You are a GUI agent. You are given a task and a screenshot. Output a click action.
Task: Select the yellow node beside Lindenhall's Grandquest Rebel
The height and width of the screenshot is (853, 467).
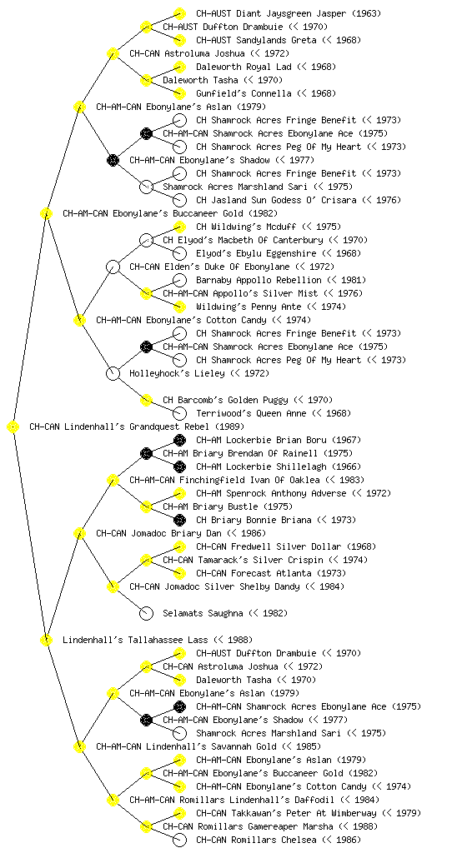pos(13,427)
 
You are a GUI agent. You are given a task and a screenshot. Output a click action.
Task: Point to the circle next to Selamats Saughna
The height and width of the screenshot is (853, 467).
pos(146,613)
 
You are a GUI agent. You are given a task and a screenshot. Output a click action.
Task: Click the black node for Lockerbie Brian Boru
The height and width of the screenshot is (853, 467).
pos(179,440)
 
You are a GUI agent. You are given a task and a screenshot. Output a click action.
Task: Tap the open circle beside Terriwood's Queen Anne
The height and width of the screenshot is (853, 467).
pos(179,413)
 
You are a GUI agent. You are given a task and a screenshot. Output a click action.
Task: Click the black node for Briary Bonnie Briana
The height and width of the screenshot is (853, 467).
pos(179,520)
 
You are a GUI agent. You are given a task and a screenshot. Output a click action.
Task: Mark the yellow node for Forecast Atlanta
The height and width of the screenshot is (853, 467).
pos(179,573)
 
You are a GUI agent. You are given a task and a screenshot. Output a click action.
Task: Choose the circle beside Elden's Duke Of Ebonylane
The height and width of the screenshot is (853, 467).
pos(113,267)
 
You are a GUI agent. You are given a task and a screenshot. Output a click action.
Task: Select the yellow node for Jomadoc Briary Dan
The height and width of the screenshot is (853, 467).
pos(79,533)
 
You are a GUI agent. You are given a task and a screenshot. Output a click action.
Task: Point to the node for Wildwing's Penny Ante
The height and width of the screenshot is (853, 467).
pos(179,307)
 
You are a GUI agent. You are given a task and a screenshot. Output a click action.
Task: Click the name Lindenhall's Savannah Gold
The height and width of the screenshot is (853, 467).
pos(211,746)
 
